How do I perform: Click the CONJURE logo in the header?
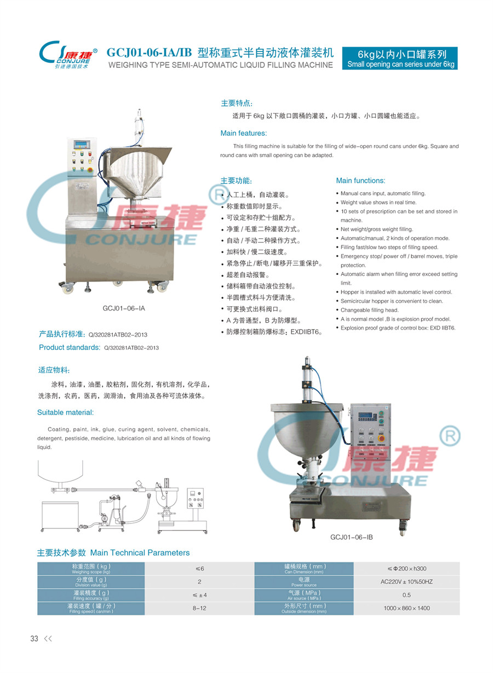coord(68,54)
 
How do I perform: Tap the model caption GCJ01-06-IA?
coord(124,308)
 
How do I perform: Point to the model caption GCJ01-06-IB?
coord(351,537)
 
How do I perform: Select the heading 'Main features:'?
coord(244,133)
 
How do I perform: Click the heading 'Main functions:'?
coord(360,181)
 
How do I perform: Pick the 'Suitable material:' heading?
coord(66,412)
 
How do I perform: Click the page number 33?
coord(35,639)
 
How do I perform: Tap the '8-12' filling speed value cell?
coord(199,608)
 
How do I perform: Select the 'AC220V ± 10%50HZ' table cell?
coord(406,582)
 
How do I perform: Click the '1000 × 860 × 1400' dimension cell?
coord(406,608)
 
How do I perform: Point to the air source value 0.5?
coord(406,595)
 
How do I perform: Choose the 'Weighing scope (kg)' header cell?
coord(91,568)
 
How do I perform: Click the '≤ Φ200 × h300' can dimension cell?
coord(406,568)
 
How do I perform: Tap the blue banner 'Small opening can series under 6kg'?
coord(400,58)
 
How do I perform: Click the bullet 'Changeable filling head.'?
coord(369,310)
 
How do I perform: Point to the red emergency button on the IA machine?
coord(90,170)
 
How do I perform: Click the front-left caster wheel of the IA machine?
coord(67,288)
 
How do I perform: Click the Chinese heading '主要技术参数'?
coord(61,553)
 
